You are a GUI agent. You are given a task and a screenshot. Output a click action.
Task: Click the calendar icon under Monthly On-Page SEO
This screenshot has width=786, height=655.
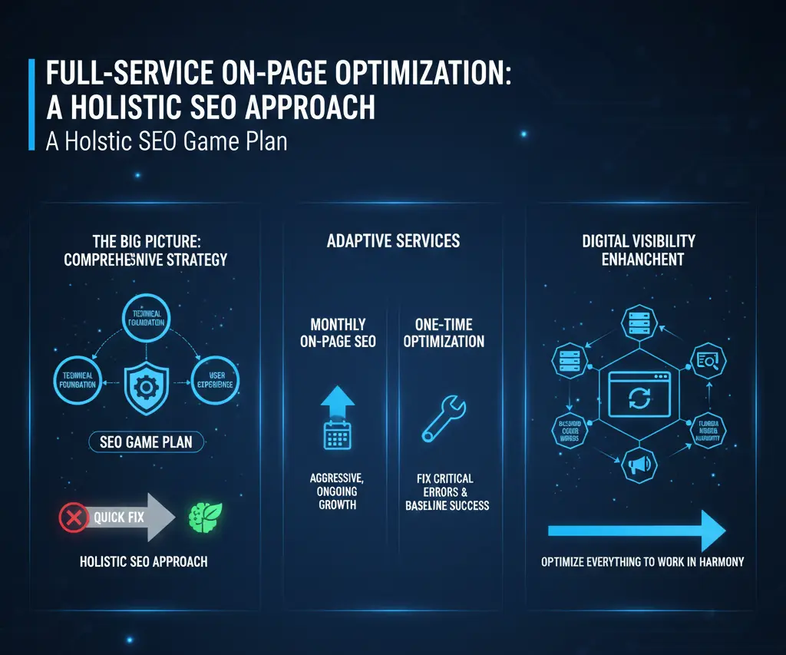tap(338, 435)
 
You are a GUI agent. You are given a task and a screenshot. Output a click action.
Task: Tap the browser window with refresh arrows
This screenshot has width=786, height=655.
tap(639, 392)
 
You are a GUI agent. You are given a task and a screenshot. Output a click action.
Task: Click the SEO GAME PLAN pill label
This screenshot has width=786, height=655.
tap(146, 442)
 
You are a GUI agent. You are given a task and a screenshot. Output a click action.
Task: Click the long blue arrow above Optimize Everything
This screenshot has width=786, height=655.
tap(636, 531)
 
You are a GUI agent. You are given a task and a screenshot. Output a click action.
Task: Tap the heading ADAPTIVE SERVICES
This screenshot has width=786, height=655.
tap(393, 240)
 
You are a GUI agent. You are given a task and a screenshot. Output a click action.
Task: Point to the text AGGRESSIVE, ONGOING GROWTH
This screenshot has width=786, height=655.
tap(337, 491)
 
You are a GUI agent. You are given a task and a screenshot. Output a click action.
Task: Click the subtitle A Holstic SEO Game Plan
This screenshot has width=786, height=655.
tap(167, 142)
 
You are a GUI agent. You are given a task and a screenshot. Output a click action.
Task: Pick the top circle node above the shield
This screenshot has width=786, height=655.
tap(146, 318)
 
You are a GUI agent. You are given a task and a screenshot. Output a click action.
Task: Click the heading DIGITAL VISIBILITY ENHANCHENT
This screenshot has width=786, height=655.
tap(638, 250)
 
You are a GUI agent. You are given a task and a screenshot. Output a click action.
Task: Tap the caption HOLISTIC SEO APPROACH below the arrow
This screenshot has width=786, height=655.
tap(144, 561)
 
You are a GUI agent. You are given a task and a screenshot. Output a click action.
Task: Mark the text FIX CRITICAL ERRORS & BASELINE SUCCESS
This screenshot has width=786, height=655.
tap(447, 491)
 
